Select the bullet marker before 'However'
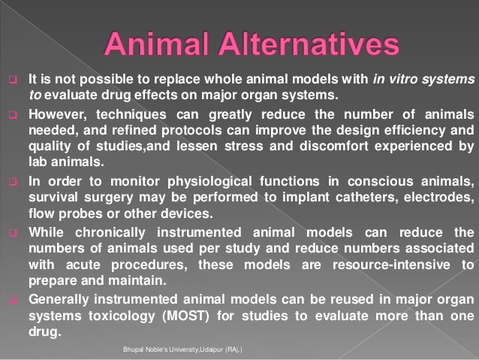tap(13, 115)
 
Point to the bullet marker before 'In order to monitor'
tap(13, 181)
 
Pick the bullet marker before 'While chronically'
tap(13, 231)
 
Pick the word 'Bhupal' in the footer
tap(136, 349)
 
